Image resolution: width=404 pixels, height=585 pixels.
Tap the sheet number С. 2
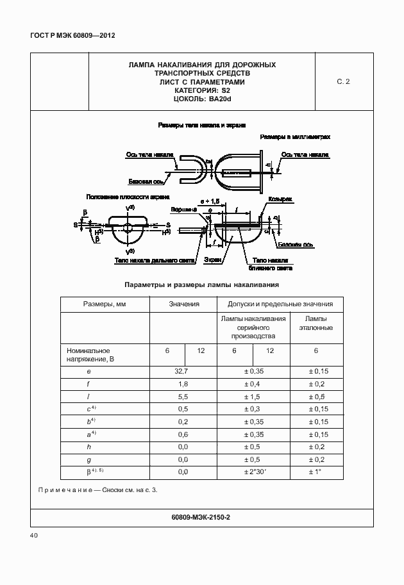(x=343, y=82)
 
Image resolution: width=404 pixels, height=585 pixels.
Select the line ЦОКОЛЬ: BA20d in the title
(x=202, y=99)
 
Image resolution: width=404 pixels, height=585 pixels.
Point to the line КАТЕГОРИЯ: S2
(x=202, y=91)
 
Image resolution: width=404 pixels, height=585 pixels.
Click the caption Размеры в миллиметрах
(x=295, y=137)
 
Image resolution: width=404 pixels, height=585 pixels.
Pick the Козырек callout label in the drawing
(x=281, y=200)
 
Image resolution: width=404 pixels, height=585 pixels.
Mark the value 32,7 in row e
(x=183, y=371)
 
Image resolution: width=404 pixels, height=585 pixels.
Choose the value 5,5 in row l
(x=183, y=397)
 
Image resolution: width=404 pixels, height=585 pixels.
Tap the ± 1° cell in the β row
(x=316, y=472)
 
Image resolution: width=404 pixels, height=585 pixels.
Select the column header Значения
(x=183, y=304)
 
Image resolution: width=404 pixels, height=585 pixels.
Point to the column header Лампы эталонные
(x=316, y=324)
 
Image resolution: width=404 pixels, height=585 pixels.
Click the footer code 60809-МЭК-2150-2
(x=202, y=516)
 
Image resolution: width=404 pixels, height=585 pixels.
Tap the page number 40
(x=35, y=536)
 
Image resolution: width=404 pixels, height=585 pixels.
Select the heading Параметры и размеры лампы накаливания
(x=202, y=284)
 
